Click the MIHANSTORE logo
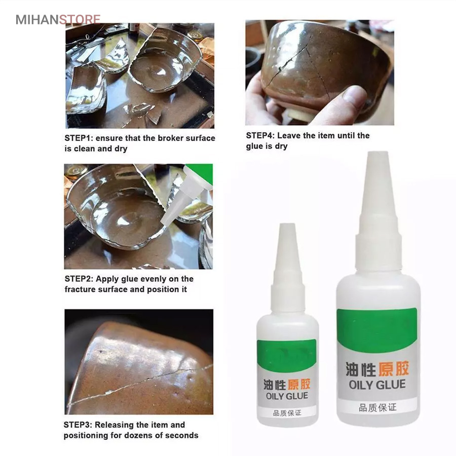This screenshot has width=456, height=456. pyautogui.click(x=58, y=19)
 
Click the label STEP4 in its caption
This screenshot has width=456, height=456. pyautogui.click(x=260, y=135)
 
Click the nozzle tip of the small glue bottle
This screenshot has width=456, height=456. pyautogui.click(x=287, y=224)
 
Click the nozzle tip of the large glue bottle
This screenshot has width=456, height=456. pyautogui.click(x=378, y=153)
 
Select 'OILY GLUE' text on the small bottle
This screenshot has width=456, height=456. pyautogui.click(x=287, y=396)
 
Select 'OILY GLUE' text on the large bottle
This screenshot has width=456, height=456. pyautogui.click(x=377, y=385)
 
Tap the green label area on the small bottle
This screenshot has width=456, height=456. pyautogui.click(x=287, y=355)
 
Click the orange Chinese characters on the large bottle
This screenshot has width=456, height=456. pyautogui.click(x=393, y=369)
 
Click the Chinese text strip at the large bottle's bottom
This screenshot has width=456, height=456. pyautogui.click(x=377, y=407)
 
